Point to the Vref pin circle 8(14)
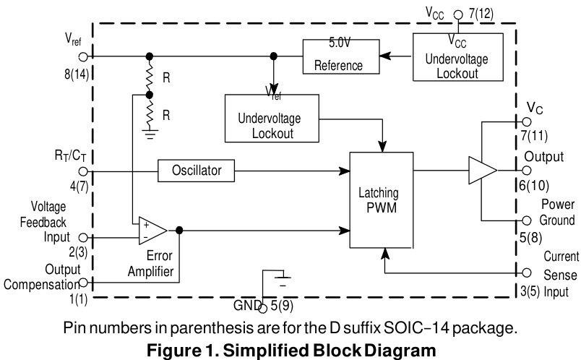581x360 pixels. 83,56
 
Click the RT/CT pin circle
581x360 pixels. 83,171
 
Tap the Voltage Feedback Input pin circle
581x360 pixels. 83,237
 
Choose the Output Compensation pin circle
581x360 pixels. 83,282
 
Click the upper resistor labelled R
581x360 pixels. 150,77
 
